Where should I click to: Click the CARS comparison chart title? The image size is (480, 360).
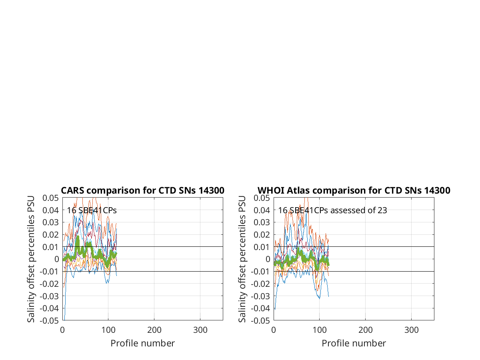[142, 190]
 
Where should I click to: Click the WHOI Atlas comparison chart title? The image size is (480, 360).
[354, 190]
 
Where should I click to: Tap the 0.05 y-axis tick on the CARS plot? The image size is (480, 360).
[50, 198]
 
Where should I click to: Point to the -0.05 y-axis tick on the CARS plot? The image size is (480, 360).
[49, 321]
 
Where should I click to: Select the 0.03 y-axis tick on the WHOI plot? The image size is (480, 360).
[262, 222]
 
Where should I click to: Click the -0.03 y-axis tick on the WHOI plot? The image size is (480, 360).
[260, 296]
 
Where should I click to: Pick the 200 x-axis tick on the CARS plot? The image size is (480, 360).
[154, 330]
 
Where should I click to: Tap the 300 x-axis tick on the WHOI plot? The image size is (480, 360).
[411, 330]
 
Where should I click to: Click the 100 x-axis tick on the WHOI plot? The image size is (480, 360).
[320, 330]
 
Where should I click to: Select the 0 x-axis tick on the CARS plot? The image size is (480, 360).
[62, 330]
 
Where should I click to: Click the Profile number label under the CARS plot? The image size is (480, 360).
[142, 343]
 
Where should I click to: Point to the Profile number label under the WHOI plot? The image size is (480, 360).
[354, 343]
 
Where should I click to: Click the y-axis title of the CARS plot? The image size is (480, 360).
[31, 259]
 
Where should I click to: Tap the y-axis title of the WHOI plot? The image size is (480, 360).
[242, 259]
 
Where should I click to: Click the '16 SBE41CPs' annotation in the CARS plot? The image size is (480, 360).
[92, 210]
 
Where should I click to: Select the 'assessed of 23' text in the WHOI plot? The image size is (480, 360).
[359, 210]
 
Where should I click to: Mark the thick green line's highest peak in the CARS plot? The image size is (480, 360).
[78, 236]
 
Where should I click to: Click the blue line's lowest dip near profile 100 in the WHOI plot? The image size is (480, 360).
[320, 298]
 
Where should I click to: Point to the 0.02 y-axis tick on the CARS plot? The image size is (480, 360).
[50, 235]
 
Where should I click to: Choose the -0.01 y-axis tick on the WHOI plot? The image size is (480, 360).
[260, 272]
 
